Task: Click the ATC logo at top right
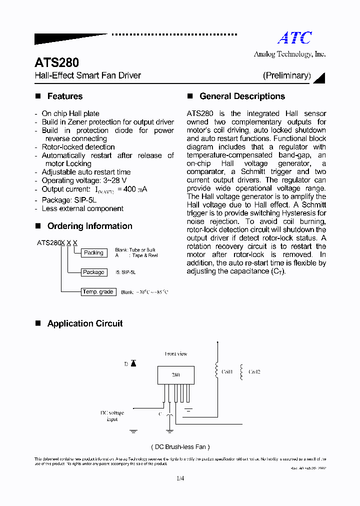(x=294, y=38)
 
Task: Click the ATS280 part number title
(x=56, y=63)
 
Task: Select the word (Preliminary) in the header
(x=287, y=75)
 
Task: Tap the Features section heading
(x=64, y=96)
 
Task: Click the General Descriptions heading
(x=242, y=96)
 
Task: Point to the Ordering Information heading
(x=89, y=226)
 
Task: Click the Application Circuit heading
(x=84, y=323)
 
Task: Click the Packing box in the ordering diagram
(x=93, y=253)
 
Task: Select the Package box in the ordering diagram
(x=93, y=272)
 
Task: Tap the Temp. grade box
(x=98, y=291)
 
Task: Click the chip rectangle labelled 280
(x=175, y=374)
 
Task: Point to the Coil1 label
(x=227, y=372)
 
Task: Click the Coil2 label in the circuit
(x=254, y=372)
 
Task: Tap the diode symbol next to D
(x=133, y=363)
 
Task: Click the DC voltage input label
(x=111, y=416)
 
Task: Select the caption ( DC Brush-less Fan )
(x=180, y=447)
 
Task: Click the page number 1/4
(x=180, y=478)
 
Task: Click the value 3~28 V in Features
(x=115, y=180)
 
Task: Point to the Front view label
(x=176, y=354)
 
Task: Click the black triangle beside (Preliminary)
(x=321, y=77)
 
